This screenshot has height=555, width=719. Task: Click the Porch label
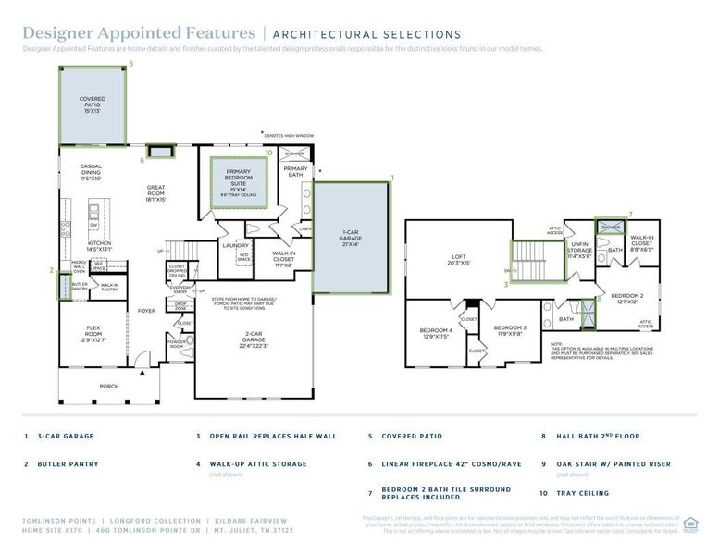pyautogui.click(x=109, y=386)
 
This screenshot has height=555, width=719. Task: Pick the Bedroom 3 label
pyautogui.click(x=509, y=330)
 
